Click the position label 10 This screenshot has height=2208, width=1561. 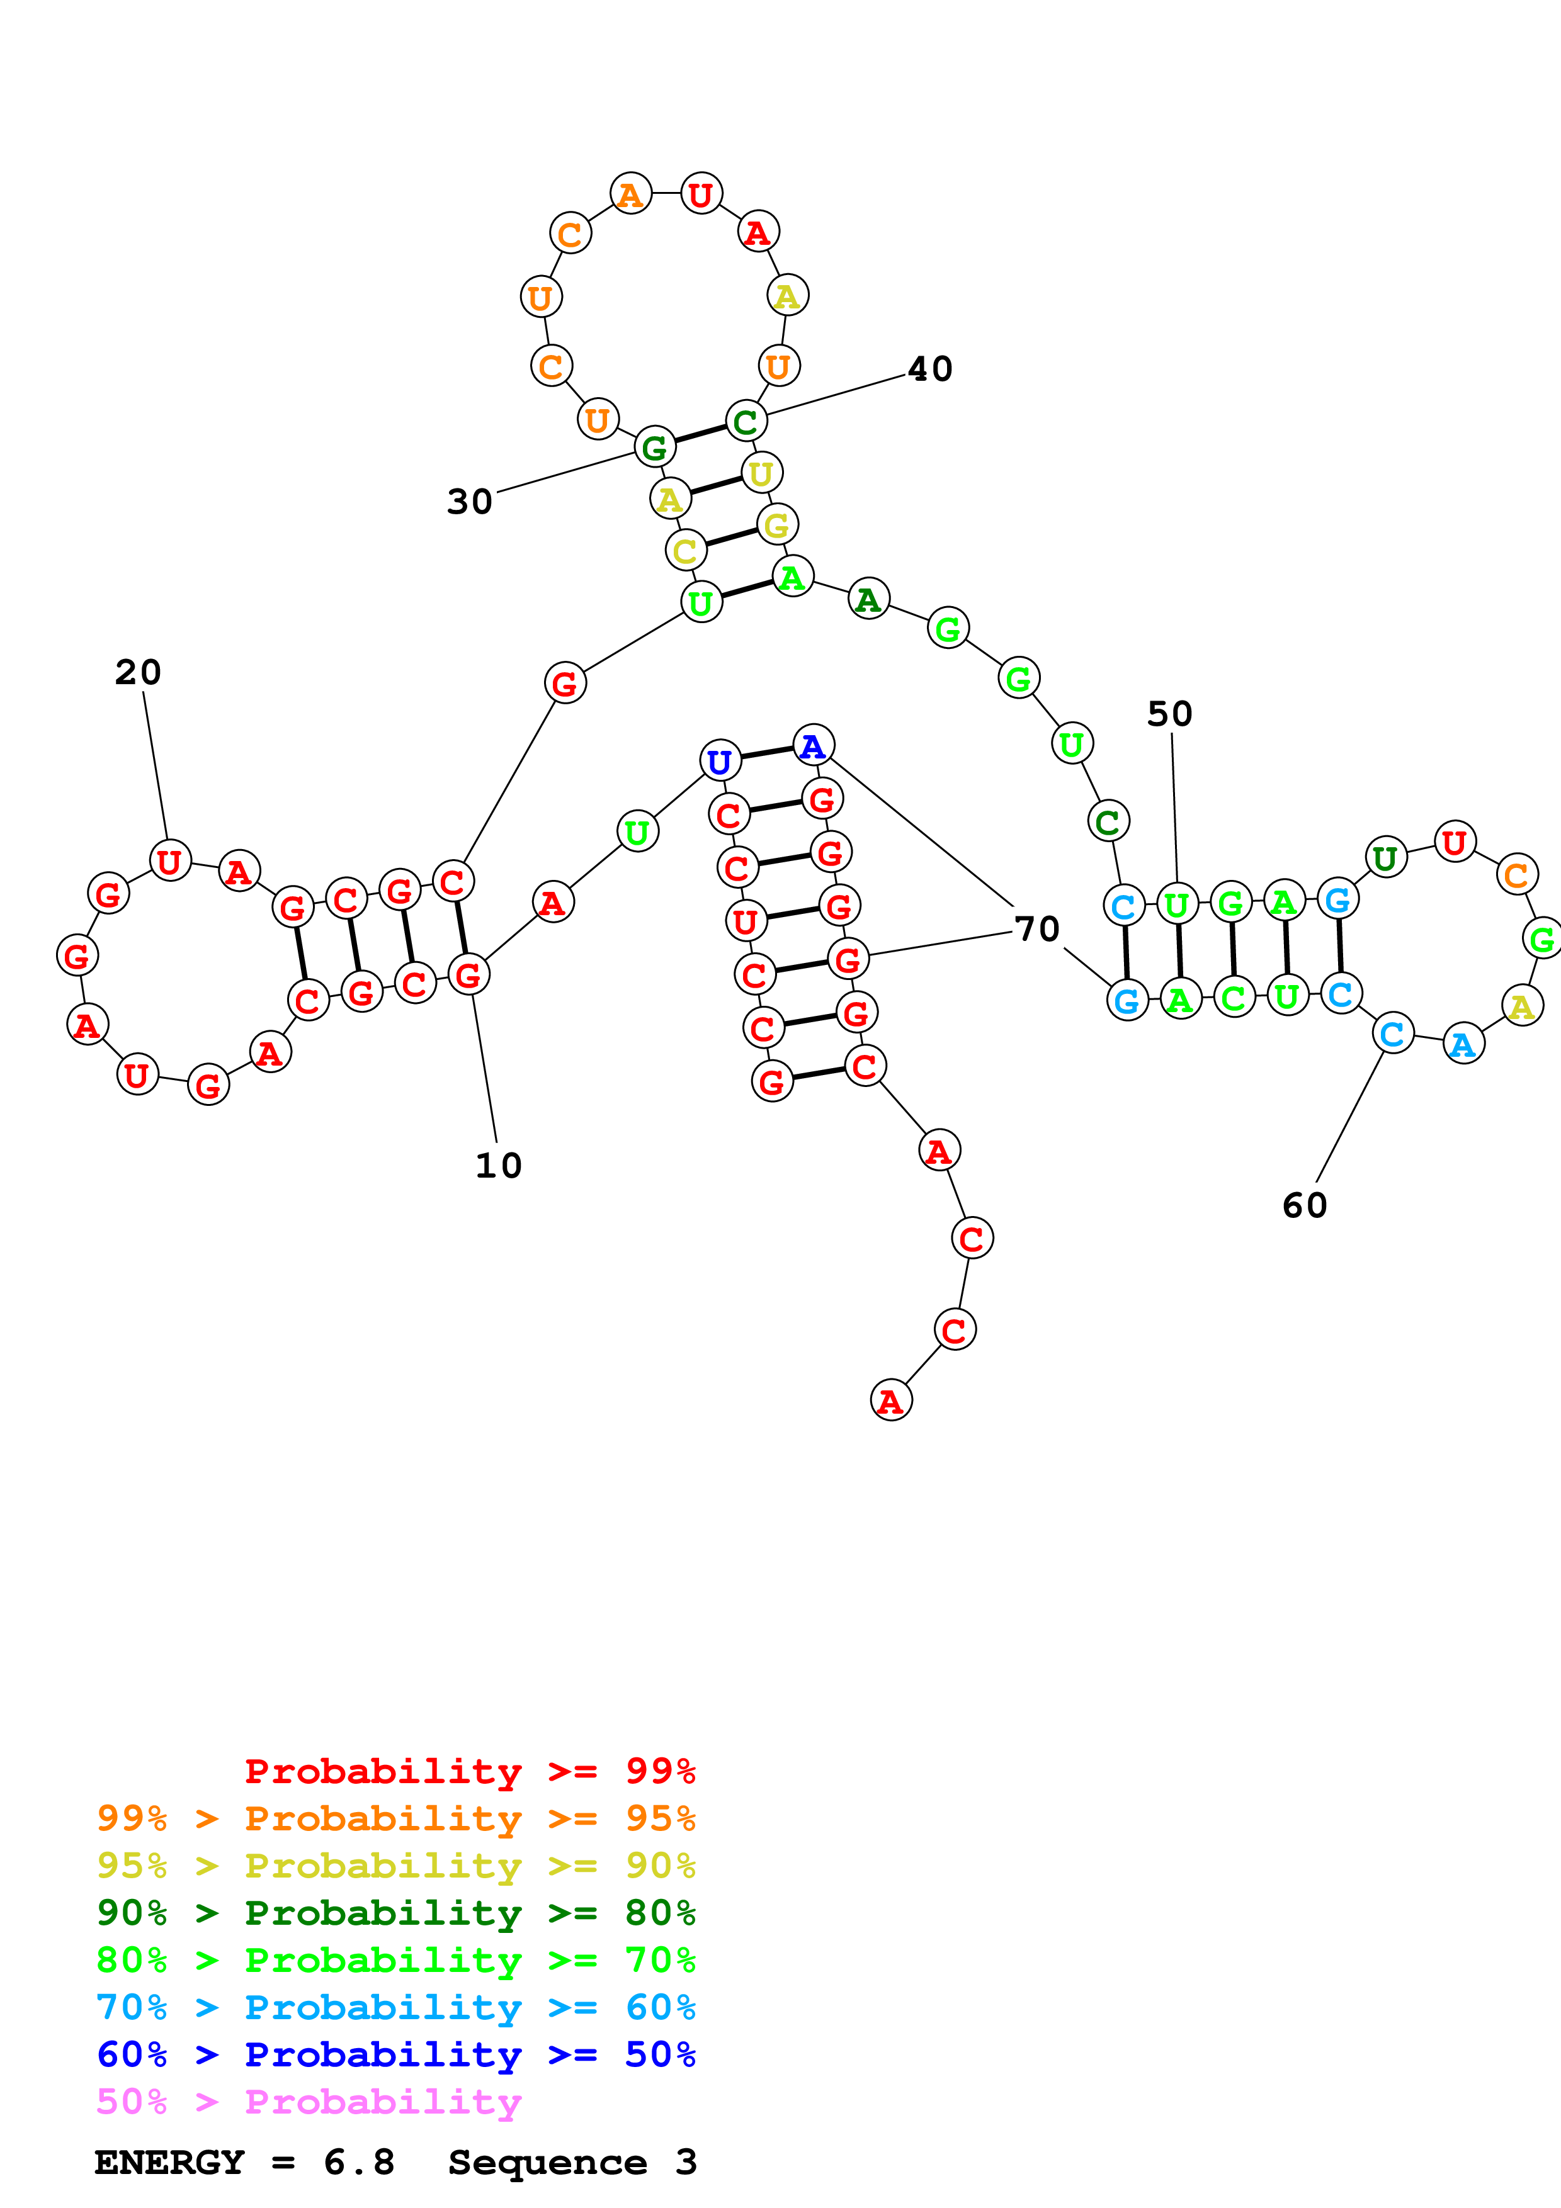pyautogui.click(x=498, y=1166)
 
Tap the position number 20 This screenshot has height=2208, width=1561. pyautogui.click(x=137, y=672)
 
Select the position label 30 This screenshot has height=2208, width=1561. pyautogui.click(x=469, y=502)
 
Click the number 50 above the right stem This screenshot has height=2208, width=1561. pyautogui.click(x=1169, y=714)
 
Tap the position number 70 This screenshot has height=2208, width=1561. pyautogui.click(x=1037, y=929)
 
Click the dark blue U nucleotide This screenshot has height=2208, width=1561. pyautogui.click(x=720, y=762)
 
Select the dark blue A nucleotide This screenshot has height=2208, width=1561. pyautogui.click(x=813, y=745)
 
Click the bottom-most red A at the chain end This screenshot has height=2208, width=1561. pyautogui.click(x=890, y=1401)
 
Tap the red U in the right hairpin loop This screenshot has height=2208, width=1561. pyautogui.click(x=1454, y=842)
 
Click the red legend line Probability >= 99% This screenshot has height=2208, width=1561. pyautogui.click(x=469, y=1771)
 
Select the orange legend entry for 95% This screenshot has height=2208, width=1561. pyautogui.click(x=395, y=1818)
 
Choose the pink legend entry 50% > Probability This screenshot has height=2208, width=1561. pyautogui.click(x=309, y=2101)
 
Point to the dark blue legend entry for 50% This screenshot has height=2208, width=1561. pyautogui.click(x=395, y=2054)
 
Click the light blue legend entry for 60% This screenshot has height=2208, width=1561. pyautogui.click(x=395, y=2007)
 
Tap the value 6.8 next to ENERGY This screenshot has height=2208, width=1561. pyautogui.click(x=359, y=2162)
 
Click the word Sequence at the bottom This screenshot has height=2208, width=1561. pyautogui.click(x=547, y=2162)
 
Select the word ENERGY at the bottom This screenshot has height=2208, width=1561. pyautogui.click(x=169, y=2162)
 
